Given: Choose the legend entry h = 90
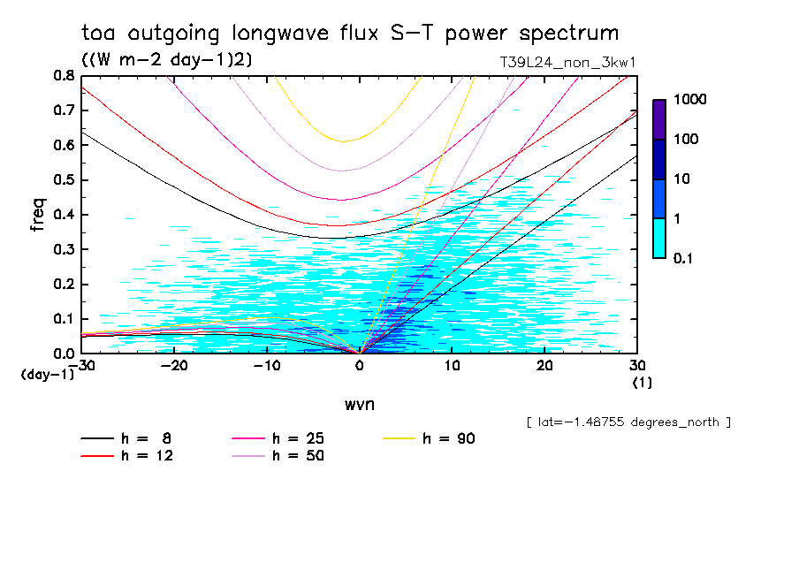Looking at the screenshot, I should coord(448,438).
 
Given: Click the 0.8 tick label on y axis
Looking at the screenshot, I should coord(64,76).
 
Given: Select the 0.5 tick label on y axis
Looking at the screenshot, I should coord(64,180).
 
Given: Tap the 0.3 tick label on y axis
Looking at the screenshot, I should coord(64,249).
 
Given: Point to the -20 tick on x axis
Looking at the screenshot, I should coord(175,366).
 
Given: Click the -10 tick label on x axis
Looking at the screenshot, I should coord(267,366).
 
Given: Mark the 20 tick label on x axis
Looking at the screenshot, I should coord(544,366).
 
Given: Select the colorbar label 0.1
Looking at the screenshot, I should coord(684,258).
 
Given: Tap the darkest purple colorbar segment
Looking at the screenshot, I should coord(659,119).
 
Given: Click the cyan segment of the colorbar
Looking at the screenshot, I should coord(659,238).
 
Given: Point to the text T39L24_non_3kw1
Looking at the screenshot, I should coord(568,63).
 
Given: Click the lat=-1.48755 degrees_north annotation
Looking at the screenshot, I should coord(628,422).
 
